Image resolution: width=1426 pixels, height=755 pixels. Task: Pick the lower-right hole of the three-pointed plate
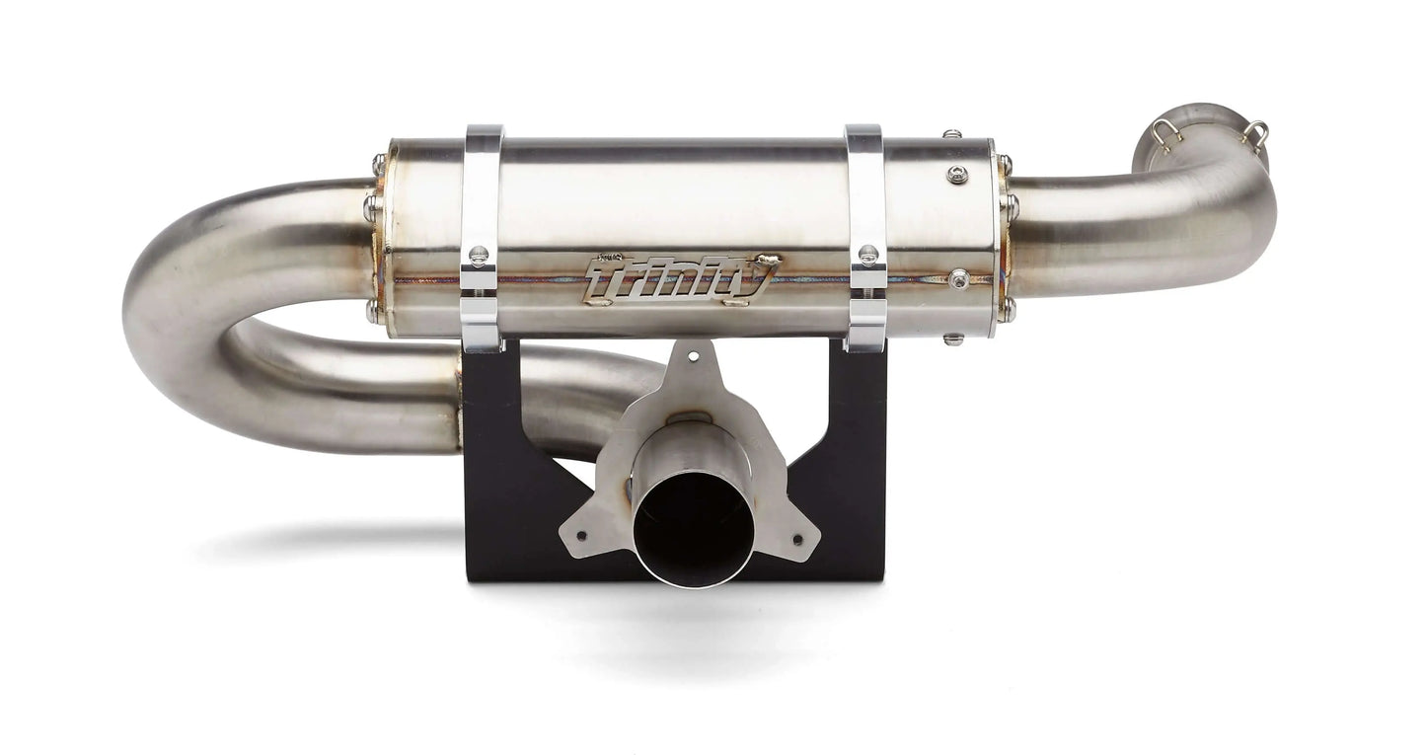pyautogui.click(x=798, y=541)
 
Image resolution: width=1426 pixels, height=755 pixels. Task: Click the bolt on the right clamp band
pyautogui.click(x=868, y=254)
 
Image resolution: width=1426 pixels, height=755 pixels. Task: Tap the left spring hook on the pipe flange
pyautogui.click(x=1164, y=132)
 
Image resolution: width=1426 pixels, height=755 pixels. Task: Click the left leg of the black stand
pyautogui.click(x=493, y=464)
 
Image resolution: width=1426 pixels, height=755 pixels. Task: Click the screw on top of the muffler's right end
pyautogui.click(x=951, y=133)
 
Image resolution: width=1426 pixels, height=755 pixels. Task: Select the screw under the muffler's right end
pyautogui.click(x=952, y=339)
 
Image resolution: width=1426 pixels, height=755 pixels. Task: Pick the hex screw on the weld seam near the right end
pyautogui.click(x=957, y=279)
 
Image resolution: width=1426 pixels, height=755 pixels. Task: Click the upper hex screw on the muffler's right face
pyautogui.click(x=956, y=175)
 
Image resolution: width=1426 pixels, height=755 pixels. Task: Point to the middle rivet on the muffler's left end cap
pyautogui.click(x=371, y=207)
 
